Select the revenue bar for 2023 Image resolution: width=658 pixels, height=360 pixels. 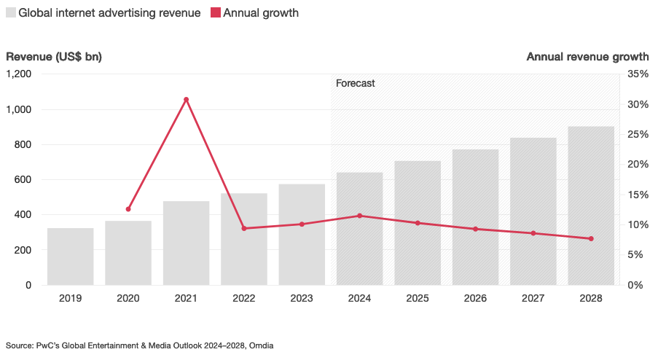point(302,235)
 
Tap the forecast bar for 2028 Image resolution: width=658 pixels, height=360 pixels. point(591,206)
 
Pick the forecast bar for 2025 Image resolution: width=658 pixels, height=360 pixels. point(418,223)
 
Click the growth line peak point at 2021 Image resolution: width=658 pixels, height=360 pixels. point(186,99)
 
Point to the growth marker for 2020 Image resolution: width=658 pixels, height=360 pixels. point(128,209)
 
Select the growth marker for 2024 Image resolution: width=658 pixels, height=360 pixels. point(359,216)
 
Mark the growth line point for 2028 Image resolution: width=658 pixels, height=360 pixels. point(591,239)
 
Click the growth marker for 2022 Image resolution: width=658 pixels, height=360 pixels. point(244,229)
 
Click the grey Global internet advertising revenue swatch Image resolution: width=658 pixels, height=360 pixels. point(11,13)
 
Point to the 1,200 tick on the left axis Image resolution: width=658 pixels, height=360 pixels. point(19,74)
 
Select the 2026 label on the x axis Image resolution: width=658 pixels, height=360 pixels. point(475,299)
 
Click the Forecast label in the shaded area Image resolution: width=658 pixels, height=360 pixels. point(355,84)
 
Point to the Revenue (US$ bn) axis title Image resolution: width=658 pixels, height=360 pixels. point(54,57)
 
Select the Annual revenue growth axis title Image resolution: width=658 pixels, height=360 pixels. point(587,57)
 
